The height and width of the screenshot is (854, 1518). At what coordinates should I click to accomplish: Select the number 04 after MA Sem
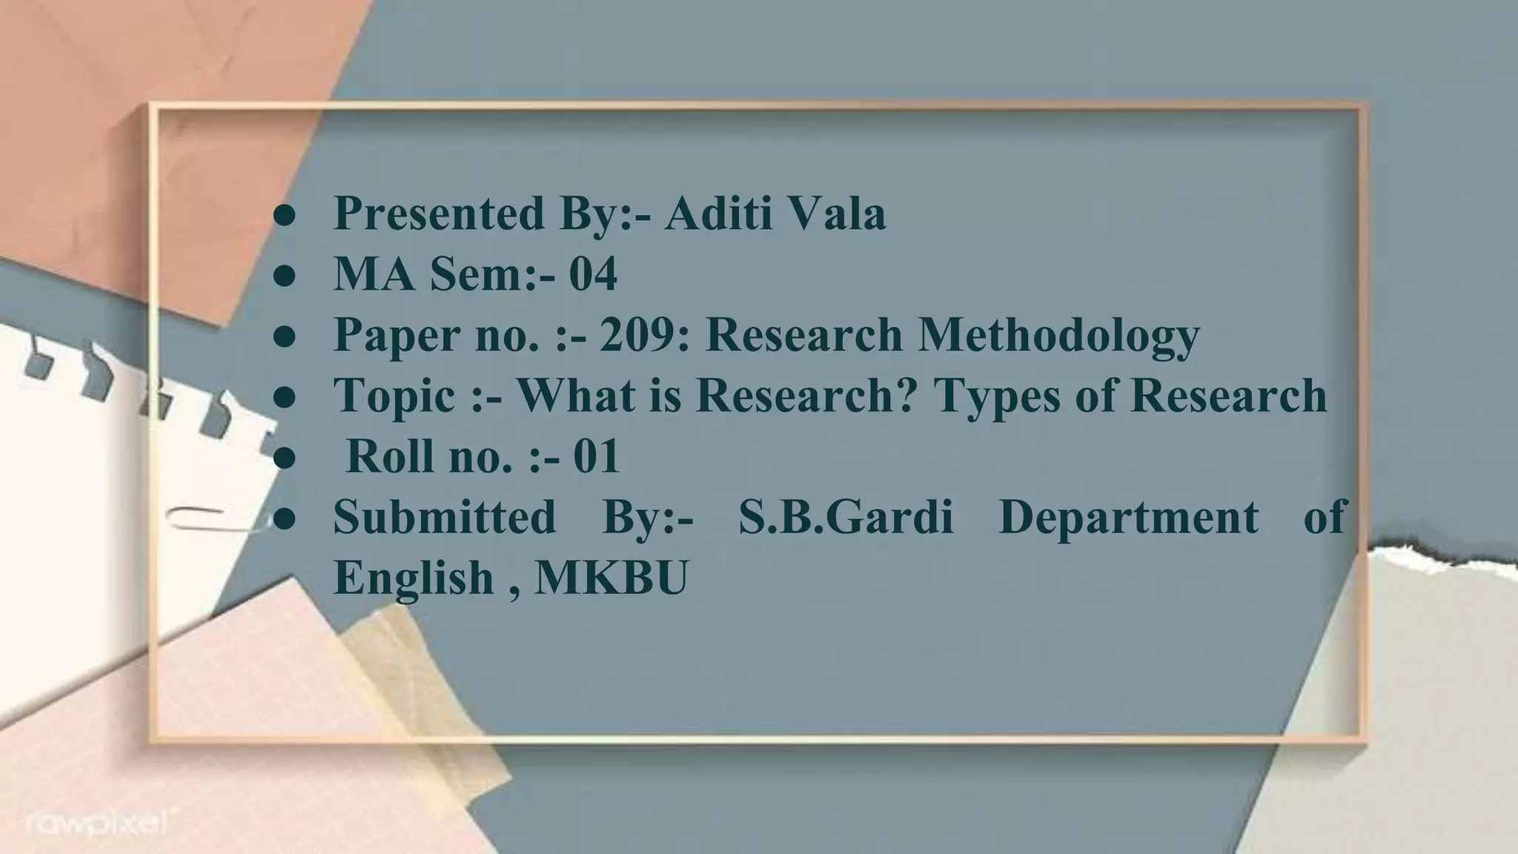[x=593, y=274]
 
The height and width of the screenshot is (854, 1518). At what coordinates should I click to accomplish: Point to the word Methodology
[x=1058, y=335]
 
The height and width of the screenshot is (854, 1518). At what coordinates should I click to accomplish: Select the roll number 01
[x=597, y=457]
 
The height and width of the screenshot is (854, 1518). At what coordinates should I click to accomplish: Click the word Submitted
[x=444, y=517]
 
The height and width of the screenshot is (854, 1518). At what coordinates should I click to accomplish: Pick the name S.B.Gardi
[x=846, y=517]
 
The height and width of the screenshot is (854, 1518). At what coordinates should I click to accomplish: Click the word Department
[x=1128, y=517]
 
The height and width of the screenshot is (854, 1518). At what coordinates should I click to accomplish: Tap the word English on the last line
[x=414, y=577]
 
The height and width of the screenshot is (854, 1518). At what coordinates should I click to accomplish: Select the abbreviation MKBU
[x=611, y=577]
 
